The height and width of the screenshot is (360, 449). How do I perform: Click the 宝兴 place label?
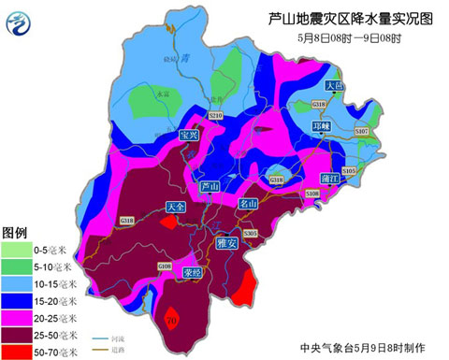click(x=190, y=135)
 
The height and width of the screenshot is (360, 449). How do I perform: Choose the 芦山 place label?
click(x=211, y=187)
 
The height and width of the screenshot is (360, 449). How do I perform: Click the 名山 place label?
click(x=247, y=203)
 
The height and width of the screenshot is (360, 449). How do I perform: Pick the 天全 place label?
click(x=175, y=207)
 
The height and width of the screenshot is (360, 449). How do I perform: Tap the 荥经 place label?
click(x=193, y=273)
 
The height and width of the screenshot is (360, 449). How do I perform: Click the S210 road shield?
click(x=215, y=115)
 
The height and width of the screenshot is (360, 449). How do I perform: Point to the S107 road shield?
click(x=362, y=133)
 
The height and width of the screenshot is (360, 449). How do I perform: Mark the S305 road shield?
click(x=250, y=232)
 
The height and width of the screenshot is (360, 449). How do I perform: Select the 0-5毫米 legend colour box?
click(x=17, y=249)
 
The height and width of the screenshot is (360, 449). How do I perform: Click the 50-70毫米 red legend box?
click(x=17, y=351)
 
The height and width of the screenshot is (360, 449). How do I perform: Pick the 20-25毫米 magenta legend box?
click(x=17, y=316)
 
